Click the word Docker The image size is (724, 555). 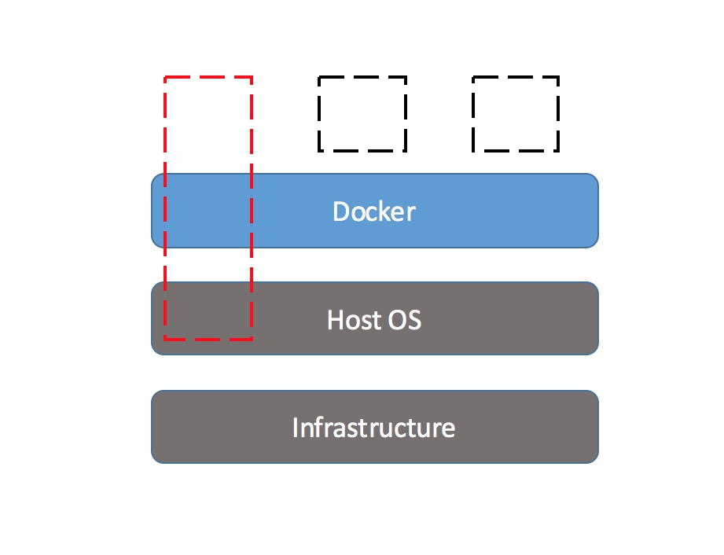pos(374,211)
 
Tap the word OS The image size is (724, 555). pos(405,319)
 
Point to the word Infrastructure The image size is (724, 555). pos(374,427)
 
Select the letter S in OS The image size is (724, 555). pos(414,319)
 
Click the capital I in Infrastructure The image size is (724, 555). pos(295,428)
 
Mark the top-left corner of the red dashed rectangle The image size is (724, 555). pos(165,77)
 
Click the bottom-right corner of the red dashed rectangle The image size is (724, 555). pos(252,340)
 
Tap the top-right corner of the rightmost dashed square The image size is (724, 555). pos(559,77)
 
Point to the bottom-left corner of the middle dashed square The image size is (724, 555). pos(319,150)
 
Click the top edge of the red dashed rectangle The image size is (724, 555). pos(208,77)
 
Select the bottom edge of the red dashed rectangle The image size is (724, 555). pos(208,340)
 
